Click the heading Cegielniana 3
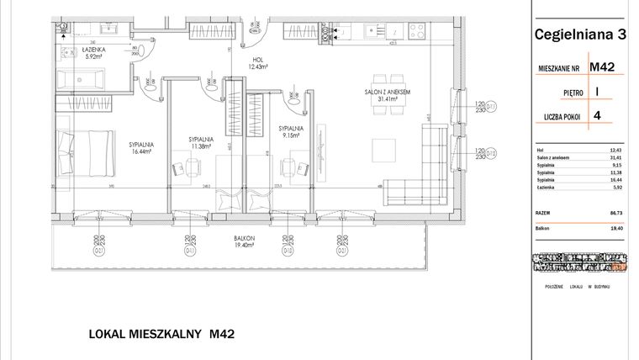(580, 34)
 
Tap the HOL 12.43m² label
(258, 63)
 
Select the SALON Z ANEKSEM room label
(388, 94)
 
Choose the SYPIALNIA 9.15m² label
(291, 132)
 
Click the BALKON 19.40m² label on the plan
(245, 241)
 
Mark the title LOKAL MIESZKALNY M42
(161, 334)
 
